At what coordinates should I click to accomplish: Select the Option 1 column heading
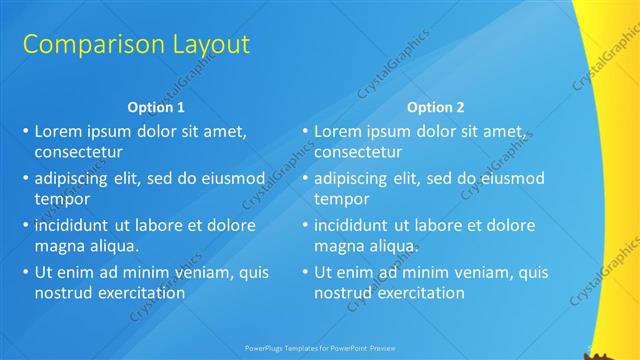[x=156, y=107]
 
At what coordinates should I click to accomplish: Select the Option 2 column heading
[x=435, y=107]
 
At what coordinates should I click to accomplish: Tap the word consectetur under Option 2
[x=358, y=153]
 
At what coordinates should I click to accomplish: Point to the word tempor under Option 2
[x=340, y=199]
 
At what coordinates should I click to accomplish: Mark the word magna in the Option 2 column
[x=337, y=245]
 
